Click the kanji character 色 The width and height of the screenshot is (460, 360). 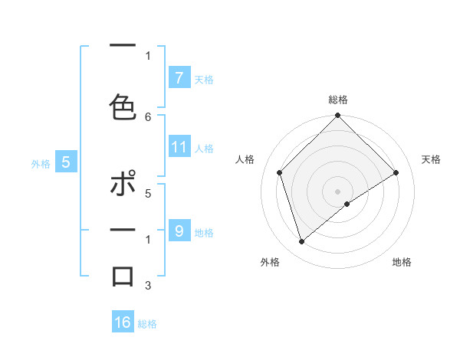123,105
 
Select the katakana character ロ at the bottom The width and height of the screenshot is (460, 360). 123,275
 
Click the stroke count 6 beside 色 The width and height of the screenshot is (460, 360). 148,117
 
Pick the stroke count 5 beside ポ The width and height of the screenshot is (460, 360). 148,194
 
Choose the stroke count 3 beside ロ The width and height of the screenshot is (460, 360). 148,286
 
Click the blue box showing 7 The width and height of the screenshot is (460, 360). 179,77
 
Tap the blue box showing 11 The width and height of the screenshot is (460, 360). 179,147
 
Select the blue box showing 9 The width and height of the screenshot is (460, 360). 179,231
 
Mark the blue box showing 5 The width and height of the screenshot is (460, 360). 66,162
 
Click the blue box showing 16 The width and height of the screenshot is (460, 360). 123,322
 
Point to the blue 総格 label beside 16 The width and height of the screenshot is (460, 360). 147,324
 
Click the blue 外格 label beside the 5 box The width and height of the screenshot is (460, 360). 41,163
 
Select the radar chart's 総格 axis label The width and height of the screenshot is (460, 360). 338,100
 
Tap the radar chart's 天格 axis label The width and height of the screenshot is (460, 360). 431,159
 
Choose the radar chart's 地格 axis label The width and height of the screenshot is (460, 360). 402,262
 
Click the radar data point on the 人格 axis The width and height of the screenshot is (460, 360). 280,172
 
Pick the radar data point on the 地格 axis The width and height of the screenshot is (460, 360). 347,204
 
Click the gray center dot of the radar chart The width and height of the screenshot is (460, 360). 338,191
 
